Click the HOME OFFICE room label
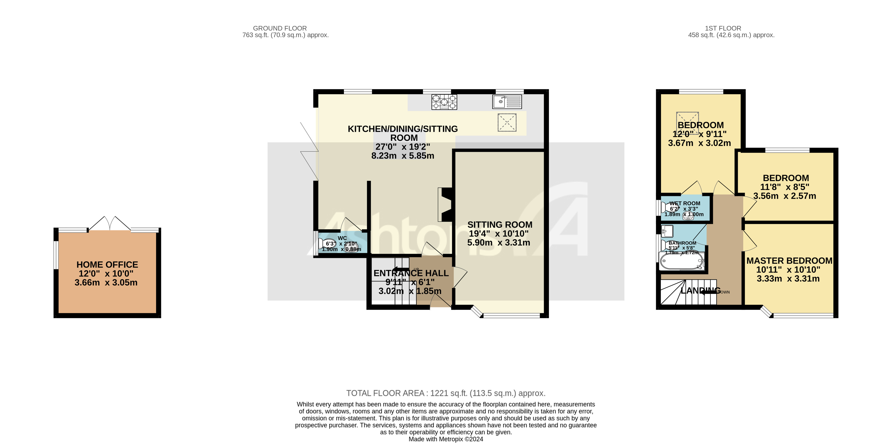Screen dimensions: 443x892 coord(107,265)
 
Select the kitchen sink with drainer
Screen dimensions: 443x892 coord(507,102)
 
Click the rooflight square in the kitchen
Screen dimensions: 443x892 coord(507,122)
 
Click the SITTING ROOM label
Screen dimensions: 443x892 coord(500,225)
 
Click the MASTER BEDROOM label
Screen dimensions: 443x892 coord(789,261)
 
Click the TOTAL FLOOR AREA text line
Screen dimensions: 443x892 coord(446,393)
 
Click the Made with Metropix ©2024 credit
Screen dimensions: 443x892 coord(446,439)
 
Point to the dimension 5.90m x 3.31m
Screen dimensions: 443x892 coord(499,243)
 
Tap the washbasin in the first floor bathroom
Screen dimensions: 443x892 coord(667,231)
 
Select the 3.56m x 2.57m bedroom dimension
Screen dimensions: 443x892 coord(785,196)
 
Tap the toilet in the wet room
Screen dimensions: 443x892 coord(667,207)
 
